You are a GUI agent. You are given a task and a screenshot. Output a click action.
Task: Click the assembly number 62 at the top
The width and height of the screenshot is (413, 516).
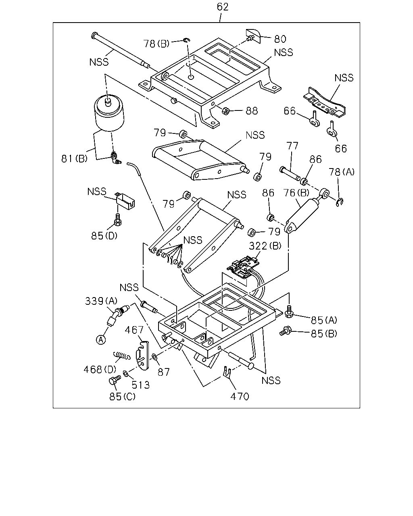[223, 7]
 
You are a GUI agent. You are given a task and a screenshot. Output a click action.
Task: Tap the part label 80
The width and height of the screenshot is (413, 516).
[280, 39]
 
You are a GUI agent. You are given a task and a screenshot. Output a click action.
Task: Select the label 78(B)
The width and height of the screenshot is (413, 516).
[156, 44]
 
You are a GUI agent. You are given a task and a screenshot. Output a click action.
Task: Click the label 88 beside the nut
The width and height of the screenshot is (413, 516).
[252, 111]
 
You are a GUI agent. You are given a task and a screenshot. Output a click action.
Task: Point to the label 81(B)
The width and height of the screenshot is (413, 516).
[74, 158]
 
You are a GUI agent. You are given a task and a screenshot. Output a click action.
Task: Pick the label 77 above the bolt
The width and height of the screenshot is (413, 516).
[292, 146]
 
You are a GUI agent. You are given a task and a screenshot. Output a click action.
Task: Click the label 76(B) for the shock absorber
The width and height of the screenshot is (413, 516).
[296, 193]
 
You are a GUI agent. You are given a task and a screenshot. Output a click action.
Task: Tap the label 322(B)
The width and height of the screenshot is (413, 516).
[265, 246]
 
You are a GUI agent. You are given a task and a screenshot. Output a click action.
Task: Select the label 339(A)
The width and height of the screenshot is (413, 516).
[101, 301]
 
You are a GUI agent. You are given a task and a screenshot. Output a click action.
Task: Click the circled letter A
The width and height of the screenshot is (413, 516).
[101, 339]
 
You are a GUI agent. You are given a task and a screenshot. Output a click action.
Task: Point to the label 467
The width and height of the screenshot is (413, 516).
[134, 330]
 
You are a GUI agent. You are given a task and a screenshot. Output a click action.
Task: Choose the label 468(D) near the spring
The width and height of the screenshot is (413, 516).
[100, 370]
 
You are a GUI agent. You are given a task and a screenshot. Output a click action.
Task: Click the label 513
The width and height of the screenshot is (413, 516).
[141, 385]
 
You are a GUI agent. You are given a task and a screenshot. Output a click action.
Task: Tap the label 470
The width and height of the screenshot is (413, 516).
[240, 397]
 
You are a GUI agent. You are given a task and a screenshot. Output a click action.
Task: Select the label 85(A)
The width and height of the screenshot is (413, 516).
[324, 320]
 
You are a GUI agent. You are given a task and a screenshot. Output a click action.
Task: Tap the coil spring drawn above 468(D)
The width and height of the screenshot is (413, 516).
[122, 355]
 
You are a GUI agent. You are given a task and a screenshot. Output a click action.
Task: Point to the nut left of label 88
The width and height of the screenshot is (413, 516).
[225, 111]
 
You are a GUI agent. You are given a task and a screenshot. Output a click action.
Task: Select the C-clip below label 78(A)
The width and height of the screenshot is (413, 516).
[340, 202]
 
